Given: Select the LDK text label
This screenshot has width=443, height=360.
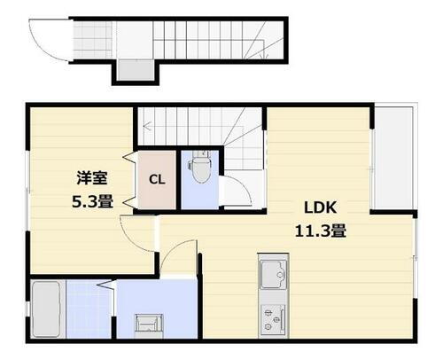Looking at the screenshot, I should click(320, 209).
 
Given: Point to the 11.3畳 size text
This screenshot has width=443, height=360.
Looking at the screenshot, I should click(320, 231).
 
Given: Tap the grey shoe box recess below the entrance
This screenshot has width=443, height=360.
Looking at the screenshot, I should click(134, 71).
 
